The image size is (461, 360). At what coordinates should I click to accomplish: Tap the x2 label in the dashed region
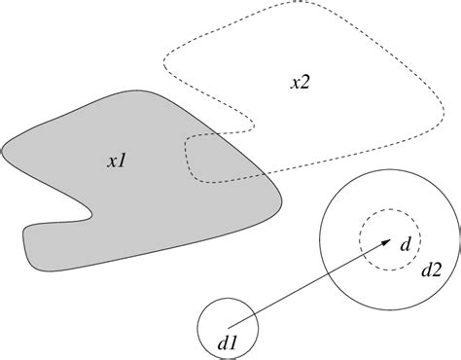coord(301,83)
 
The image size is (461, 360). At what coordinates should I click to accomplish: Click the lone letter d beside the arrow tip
coord(404,243)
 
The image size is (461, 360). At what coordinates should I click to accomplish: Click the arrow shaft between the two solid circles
coord(292,291)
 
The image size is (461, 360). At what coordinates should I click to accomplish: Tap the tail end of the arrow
coord(229,325)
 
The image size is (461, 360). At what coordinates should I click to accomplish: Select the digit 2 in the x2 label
coord(306,83)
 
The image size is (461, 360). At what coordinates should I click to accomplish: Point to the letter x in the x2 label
coord(295,84)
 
